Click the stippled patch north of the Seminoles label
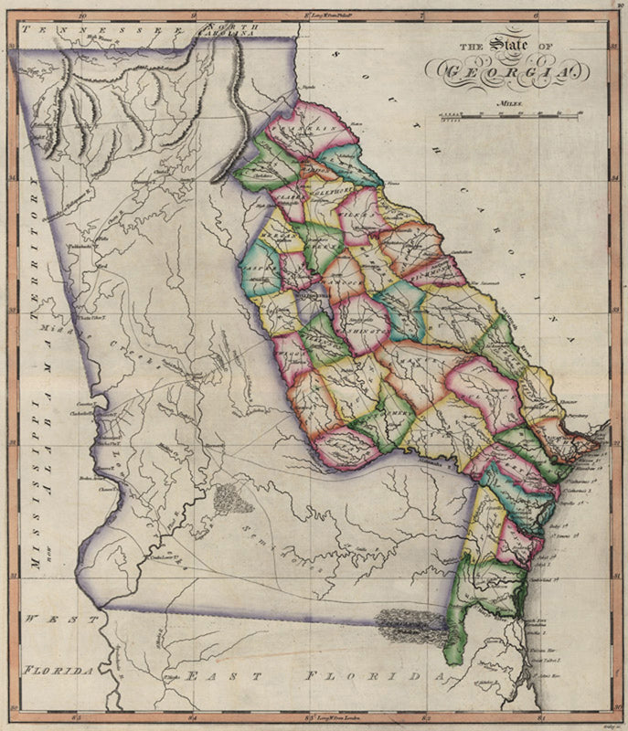pos(233,498)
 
